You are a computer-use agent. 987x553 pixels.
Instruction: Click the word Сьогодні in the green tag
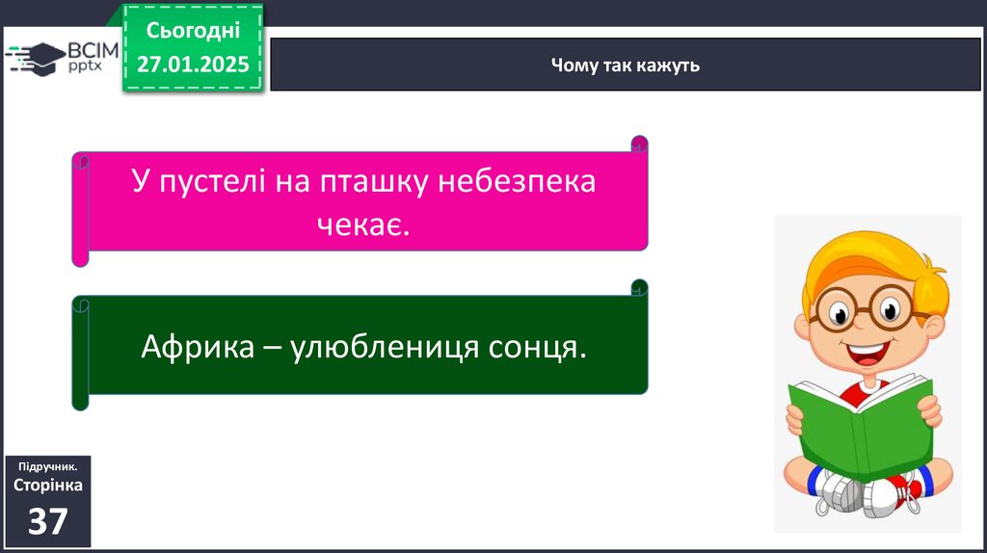point(193,30)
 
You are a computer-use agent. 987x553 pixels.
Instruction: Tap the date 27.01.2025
point(193,65)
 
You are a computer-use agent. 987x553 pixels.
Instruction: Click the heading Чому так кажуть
point(625,66)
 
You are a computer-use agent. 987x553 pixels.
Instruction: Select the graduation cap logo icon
point(36,59)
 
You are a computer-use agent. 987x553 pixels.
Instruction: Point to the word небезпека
point(517,181)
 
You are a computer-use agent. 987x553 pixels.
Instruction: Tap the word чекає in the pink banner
point(363,224)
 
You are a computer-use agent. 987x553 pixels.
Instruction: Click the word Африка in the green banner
point(197,346)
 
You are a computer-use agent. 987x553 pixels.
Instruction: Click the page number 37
point(48,521)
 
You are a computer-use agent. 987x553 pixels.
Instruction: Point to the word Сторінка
point(48,485)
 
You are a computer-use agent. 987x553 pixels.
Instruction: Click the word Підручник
point(48,467)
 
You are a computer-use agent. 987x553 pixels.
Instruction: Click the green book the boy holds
point(861,427)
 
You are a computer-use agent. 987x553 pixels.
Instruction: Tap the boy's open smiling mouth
point(867,354)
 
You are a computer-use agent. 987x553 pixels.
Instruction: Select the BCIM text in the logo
point(93,50)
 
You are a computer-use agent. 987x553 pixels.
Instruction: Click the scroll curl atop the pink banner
point(640,145)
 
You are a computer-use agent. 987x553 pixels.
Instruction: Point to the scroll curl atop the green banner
point(640,287)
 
